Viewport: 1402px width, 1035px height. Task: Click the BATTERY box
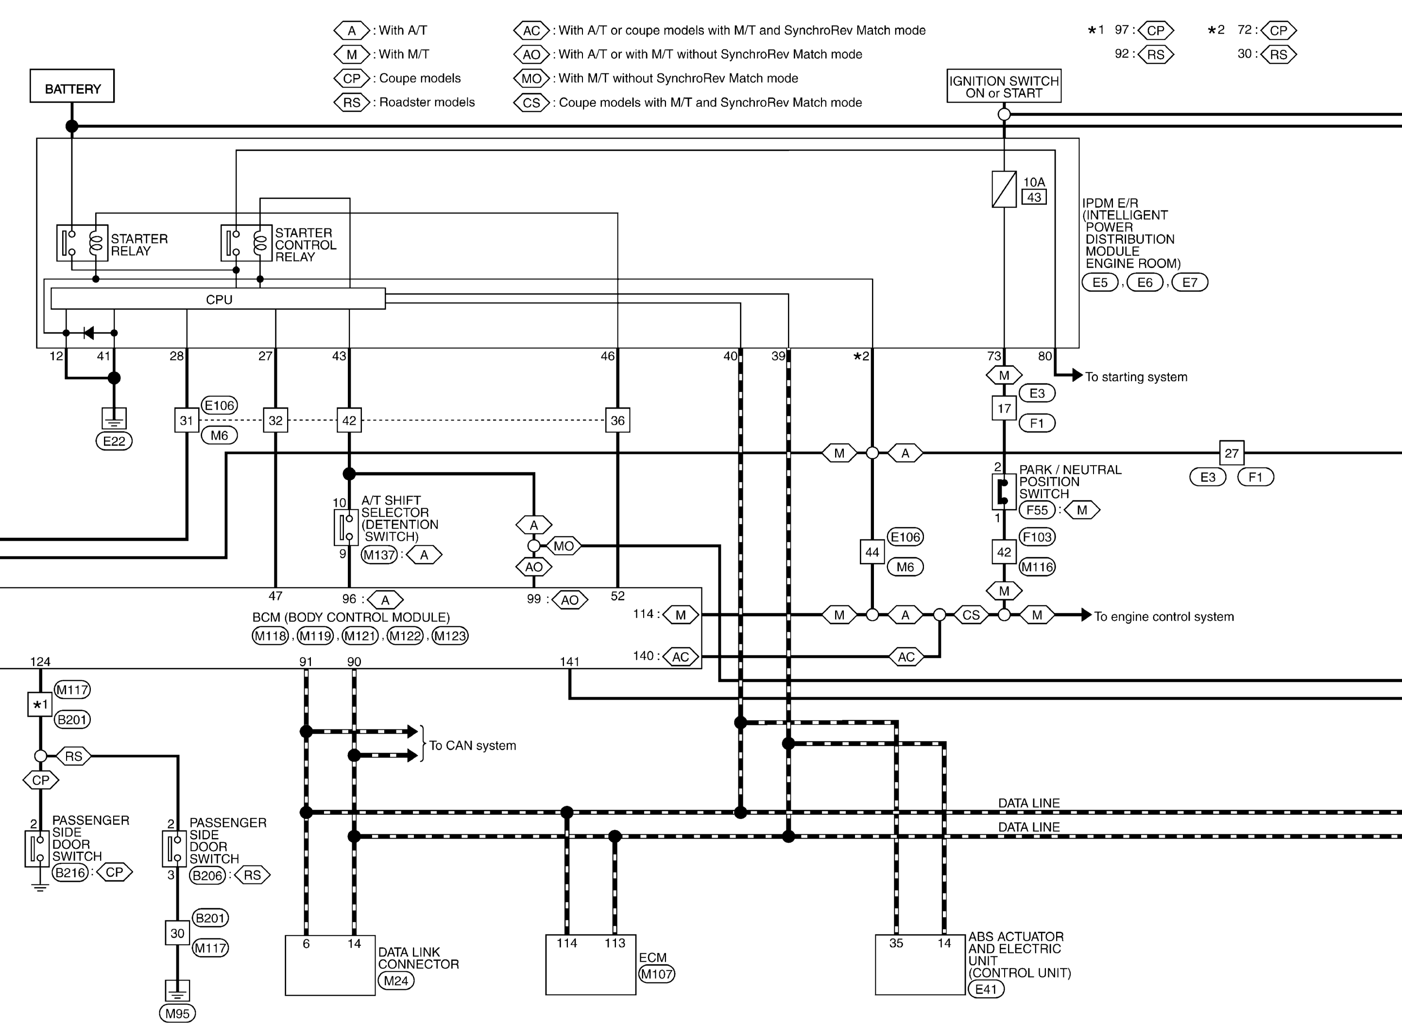coord(72,86)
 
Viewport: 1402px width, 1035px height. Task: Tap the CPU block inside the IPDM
coord(218,299)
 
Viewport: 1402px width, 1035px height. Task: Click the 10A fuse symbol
coord(1004,189)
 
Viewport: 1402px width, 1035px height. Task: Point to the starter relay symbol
coord(82,242)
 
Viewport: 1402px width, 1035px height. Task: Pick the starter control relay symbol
coord(246,242)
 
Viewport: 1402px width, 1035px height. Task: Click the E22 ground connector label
coord(114,441)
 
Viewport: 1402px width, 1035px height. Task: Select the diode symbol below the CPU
coord(89,333)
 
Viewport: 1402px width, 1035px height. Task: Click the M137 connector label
coord(379,554)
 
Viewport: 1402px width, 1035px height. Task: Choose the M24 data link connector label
coord(396,981)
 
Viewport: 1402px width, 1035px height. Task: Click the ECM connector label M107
coord(656,974)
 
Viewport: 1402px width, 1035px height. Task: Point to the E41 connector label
coord(986,989)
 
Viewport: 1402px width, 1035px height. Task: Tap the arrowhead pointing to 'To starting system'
coord(1077,375)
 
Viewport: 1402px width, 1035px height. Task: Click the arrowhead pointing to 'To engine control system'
coord(1086,615)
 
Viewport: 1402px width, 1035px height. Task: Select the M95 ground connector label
coord(177,1013)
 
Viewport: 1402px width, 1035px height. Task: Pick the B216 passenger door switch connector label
coord(70,872)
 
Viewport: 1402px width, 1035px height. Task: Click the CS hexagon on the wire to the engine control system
coord(971,615)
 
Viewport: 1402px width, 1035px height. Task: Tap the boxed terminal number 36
coord(617,420)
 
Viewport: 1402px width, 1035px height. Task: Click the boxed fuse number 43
coord(1034,197)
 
